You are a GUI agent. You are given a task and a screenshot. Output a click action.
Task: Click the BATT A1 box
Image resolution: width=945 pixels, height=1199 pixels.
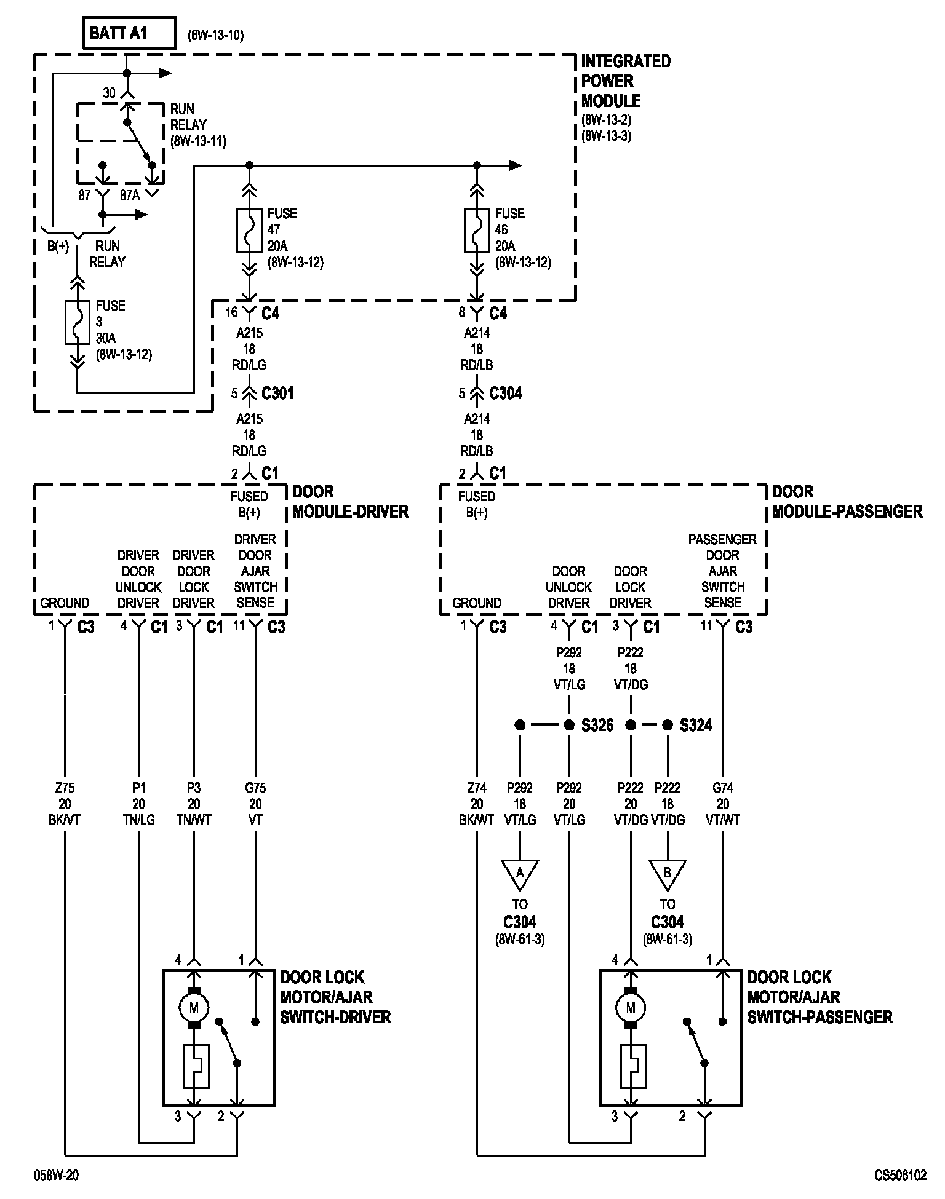129,33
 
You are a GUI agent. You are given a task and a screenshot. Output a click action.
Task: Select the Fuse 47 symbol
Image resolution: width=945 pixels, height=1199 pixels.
249,230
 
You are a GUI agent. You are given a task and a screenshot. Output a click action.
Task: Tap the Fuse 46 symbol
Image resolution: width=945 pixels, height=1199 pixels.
477,230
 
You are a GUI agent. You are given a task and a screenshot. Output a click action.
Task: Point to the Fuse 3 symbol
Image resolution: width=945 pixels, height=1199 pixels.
77,322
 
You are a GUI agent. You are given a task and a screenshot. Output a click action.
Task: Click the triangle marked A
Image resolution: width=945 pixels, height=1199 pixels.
520,873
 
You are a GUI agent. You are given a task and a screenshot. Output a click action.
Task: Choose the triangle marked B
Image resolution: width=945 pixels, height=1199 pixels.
668,873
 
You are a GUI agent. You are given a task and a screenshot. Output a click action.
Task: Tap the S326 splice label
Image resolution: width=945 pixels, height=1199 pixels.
597,726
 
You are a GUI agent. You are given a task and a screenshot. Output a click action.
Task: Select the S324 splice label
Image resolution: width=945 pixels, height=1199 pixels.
696,726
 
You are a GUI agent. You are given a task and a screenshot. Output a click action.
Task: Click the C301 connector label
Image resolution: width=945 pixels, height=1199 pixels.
277,394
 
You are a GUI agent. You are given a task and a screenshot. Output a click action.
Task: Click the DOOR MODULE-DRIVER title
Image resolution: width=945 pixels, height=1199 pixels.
350,502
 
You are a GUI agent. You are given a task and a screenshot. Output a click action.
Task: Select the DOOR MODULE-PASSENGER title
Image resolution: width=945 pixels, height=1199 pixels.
847,502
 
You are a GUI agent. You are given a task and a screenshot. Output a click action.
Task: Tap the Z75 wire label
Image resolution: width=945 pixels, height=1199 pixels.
65,788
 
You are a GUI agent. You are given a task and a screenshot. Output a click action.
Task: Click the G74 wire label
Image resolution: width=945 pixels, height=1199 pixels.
723,788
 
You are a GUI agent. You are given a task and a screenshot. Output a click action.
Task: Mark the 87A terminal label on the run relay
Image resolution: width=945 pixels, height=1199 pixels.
129,196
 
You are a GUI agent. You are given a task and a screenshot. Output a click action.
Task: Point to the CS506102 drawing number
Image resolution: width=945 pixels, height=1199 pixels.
900,1176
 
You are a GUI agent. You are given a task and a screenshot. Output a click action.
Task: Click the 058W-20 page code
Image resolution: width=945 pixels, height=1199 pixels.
56,1176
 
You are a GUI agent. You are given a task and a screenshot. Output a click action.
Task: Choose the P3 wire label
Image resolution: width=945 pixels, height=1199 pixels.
194,788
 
